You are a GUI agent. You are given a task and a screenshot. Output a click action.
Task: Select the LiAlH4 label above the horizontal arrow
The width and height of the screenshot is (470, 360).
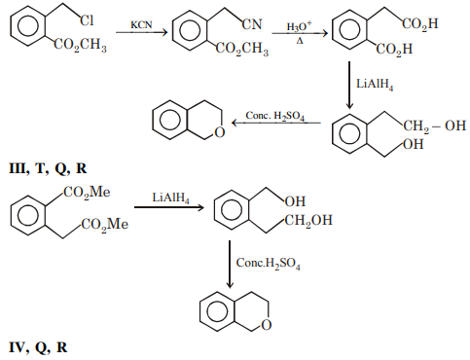[168, 198]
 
